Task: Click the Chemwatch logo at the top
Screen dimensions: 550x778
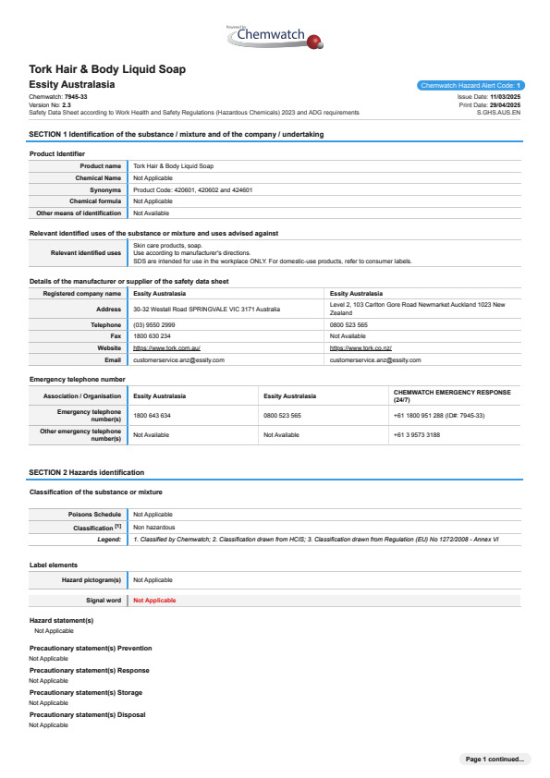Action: point(274,38)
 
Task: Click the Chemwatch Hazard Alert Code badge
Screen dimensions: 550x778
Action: point(471,85)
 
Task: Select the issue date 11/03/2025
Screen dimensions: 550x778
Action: point(505,96)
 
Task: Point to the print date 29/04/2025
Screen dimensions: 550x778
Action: point(505,104)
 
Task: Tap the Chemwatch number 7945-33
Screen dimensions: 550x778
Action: point(76,96)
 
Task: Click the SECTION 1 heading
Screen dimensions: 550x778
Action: point(176,135)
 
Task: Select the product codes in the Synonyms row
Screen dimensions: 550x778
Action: point(193,189)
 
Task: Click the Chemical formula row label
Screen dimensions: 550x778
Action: point(95,201)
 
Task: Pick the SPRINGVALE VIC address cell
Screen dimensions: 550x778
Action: point(206,309)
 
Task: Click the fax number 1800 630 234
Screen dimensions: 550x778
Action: point(153,336)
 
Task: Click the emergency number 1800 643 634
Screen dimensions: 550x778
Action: point(153,416)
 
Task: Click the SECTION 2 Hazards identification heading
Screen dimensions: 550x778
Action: point(86,472)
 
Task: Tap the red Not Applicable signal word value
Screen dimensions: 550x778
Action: point(154,600)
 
